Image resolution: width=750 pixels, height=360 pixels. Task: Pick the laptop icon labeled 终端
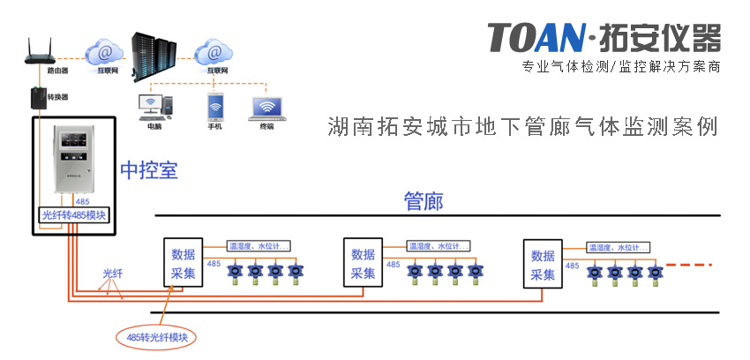tap(267, 109)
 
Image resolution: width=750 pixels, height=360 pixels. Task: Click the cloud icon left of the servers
tap(104, 49)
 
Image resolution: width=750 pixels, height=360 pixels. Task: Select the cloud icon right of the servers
tap(213, 49)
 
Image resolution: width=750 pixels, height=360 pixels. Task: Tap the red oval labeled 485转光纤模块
tap(158, 337)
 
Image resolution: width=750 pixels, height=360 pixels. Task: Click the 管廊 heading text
tap(423, 200)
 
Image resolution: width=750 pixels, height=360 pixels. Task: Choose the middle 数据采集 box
tap(364, 263)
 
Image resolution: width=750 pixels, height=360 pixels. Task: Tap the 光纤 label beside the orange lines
tap(114, 274)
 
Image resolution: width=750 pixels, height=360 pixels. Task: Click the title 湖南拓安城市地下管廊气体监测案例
tap(521, 125)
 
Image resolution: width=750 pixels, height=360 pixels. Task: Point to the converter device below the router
tap(36, 94)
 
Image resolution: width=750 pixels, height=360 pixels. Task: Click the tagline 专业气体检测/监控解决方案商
tap(621, 67)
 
